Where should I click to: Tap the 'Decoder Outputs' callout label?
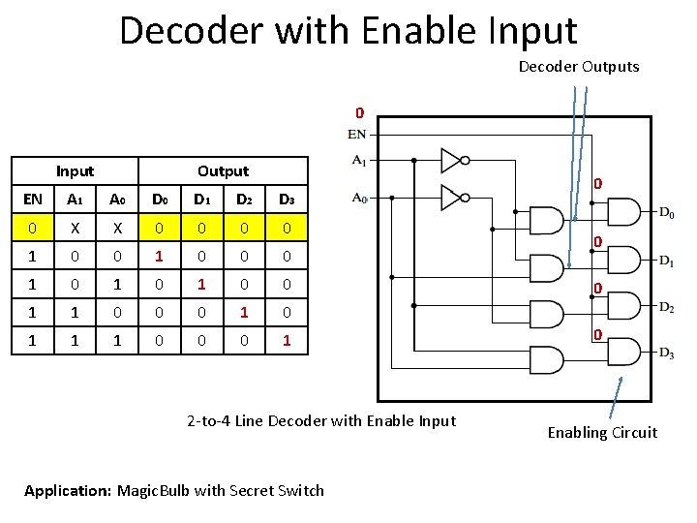point(579,67)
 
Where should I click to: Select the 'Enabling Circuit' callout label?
point(602,433)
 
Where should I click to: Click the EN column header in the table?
point(33,200)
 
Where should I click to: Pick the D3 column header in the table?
point(287,200)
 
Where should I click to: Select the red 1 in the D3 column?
point(287,341)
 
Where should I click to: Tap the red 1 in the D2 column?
point(244,313)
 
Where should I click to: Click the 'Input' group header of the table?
point(75,171)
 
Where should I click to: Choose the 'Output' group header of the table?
point(223,171)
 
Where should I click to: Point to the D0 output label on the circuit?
point(667,212)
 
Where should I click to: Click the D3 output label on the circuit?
point(667,354)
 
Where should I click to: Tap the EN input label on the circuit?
point(357,134)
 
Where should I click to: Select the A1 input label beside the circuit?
point(358,160)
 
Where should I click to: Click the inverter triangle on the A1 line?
point(452,160)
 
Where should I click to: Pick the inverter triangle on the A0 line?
point(452,197)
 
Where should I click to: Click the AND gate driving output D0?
point(622,212)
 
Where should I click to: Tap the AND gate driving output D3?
point(622,353)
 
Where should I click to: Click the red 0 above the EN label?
point(358,112)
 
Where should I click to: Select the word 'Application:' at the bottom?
point(68,490)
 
